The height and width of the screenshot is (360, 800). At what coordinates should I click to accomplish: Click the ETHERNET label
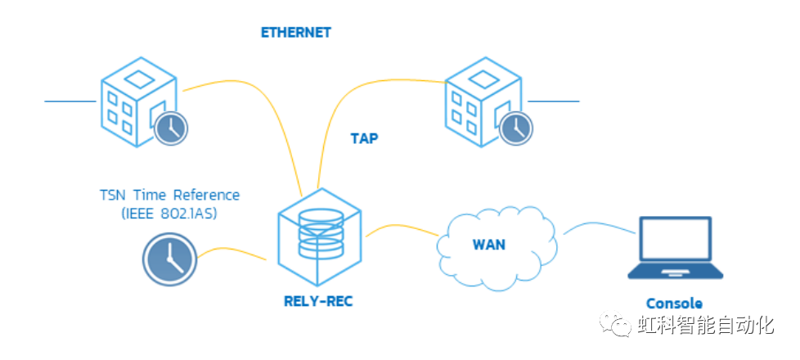point(295,33)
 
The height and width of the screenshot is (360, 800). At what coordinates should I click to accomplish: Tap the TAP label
point(364,138)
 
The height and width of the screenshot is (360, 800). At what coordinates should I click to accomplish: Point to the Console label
point(674,302)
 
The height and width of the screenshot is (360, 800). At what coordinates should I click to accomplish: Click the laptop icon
point(674,250)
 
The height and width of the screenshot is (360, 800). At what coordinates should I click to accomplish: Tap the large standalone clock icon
point(168,260)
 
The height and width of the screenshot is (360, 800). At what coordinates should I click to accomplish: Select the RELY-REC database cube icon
point(320,234)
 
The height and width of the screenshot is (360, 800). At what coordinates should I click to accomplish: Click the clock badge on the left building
point(170,127)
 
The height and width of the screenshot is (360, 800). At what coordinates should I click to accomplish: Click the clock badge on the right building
point(515,128)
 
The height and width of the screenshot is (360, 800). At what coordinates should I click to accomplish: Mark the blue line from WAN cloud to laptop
point(597,226)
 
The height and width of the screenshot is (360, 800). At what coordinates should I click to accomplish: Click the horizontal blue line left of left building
point(70,101)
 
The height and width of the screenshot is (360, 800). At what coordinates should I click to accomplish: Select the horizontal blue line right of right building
point(554,101)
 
